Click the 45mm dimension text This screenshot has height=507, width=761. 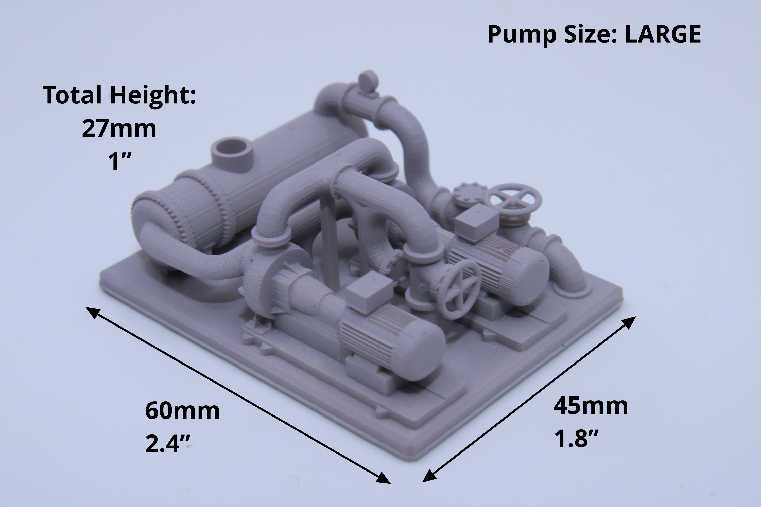(591, 406)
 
